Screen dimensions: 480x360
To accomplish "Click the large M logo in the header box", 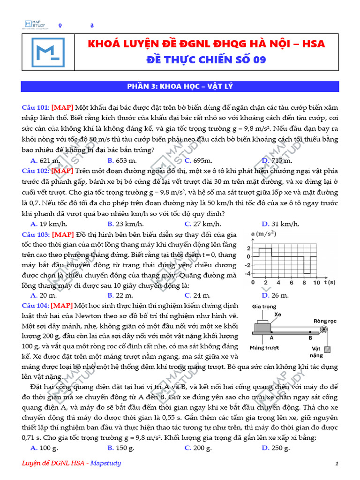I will coord(48,52).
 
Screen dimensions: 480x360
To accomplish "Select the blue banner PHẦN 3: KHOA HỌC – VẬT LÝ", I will coord(180,86).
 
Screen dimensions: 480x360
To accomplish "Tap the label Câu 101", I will coord(35,107).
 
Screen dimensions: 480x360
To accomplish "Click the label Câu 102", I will coord(35,171).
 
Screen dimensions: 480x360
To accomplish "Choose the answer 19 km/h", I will coord(42,224).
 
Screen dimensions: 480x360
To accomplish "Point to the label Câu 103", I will coord(35,234).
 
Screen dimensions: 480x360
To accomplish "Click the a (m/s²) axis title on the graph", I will coord(263,233).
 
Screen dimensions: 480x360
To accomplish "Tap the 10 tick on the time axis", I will coord(316,283).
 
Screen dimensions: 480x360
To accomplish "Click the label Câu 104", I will coord(35,306).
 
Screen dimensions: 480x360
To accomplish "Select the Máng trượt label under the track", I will coord(264,348).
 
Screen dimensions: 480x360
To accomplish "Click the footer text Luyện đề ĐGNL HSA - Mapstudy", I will coord(72,464).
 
